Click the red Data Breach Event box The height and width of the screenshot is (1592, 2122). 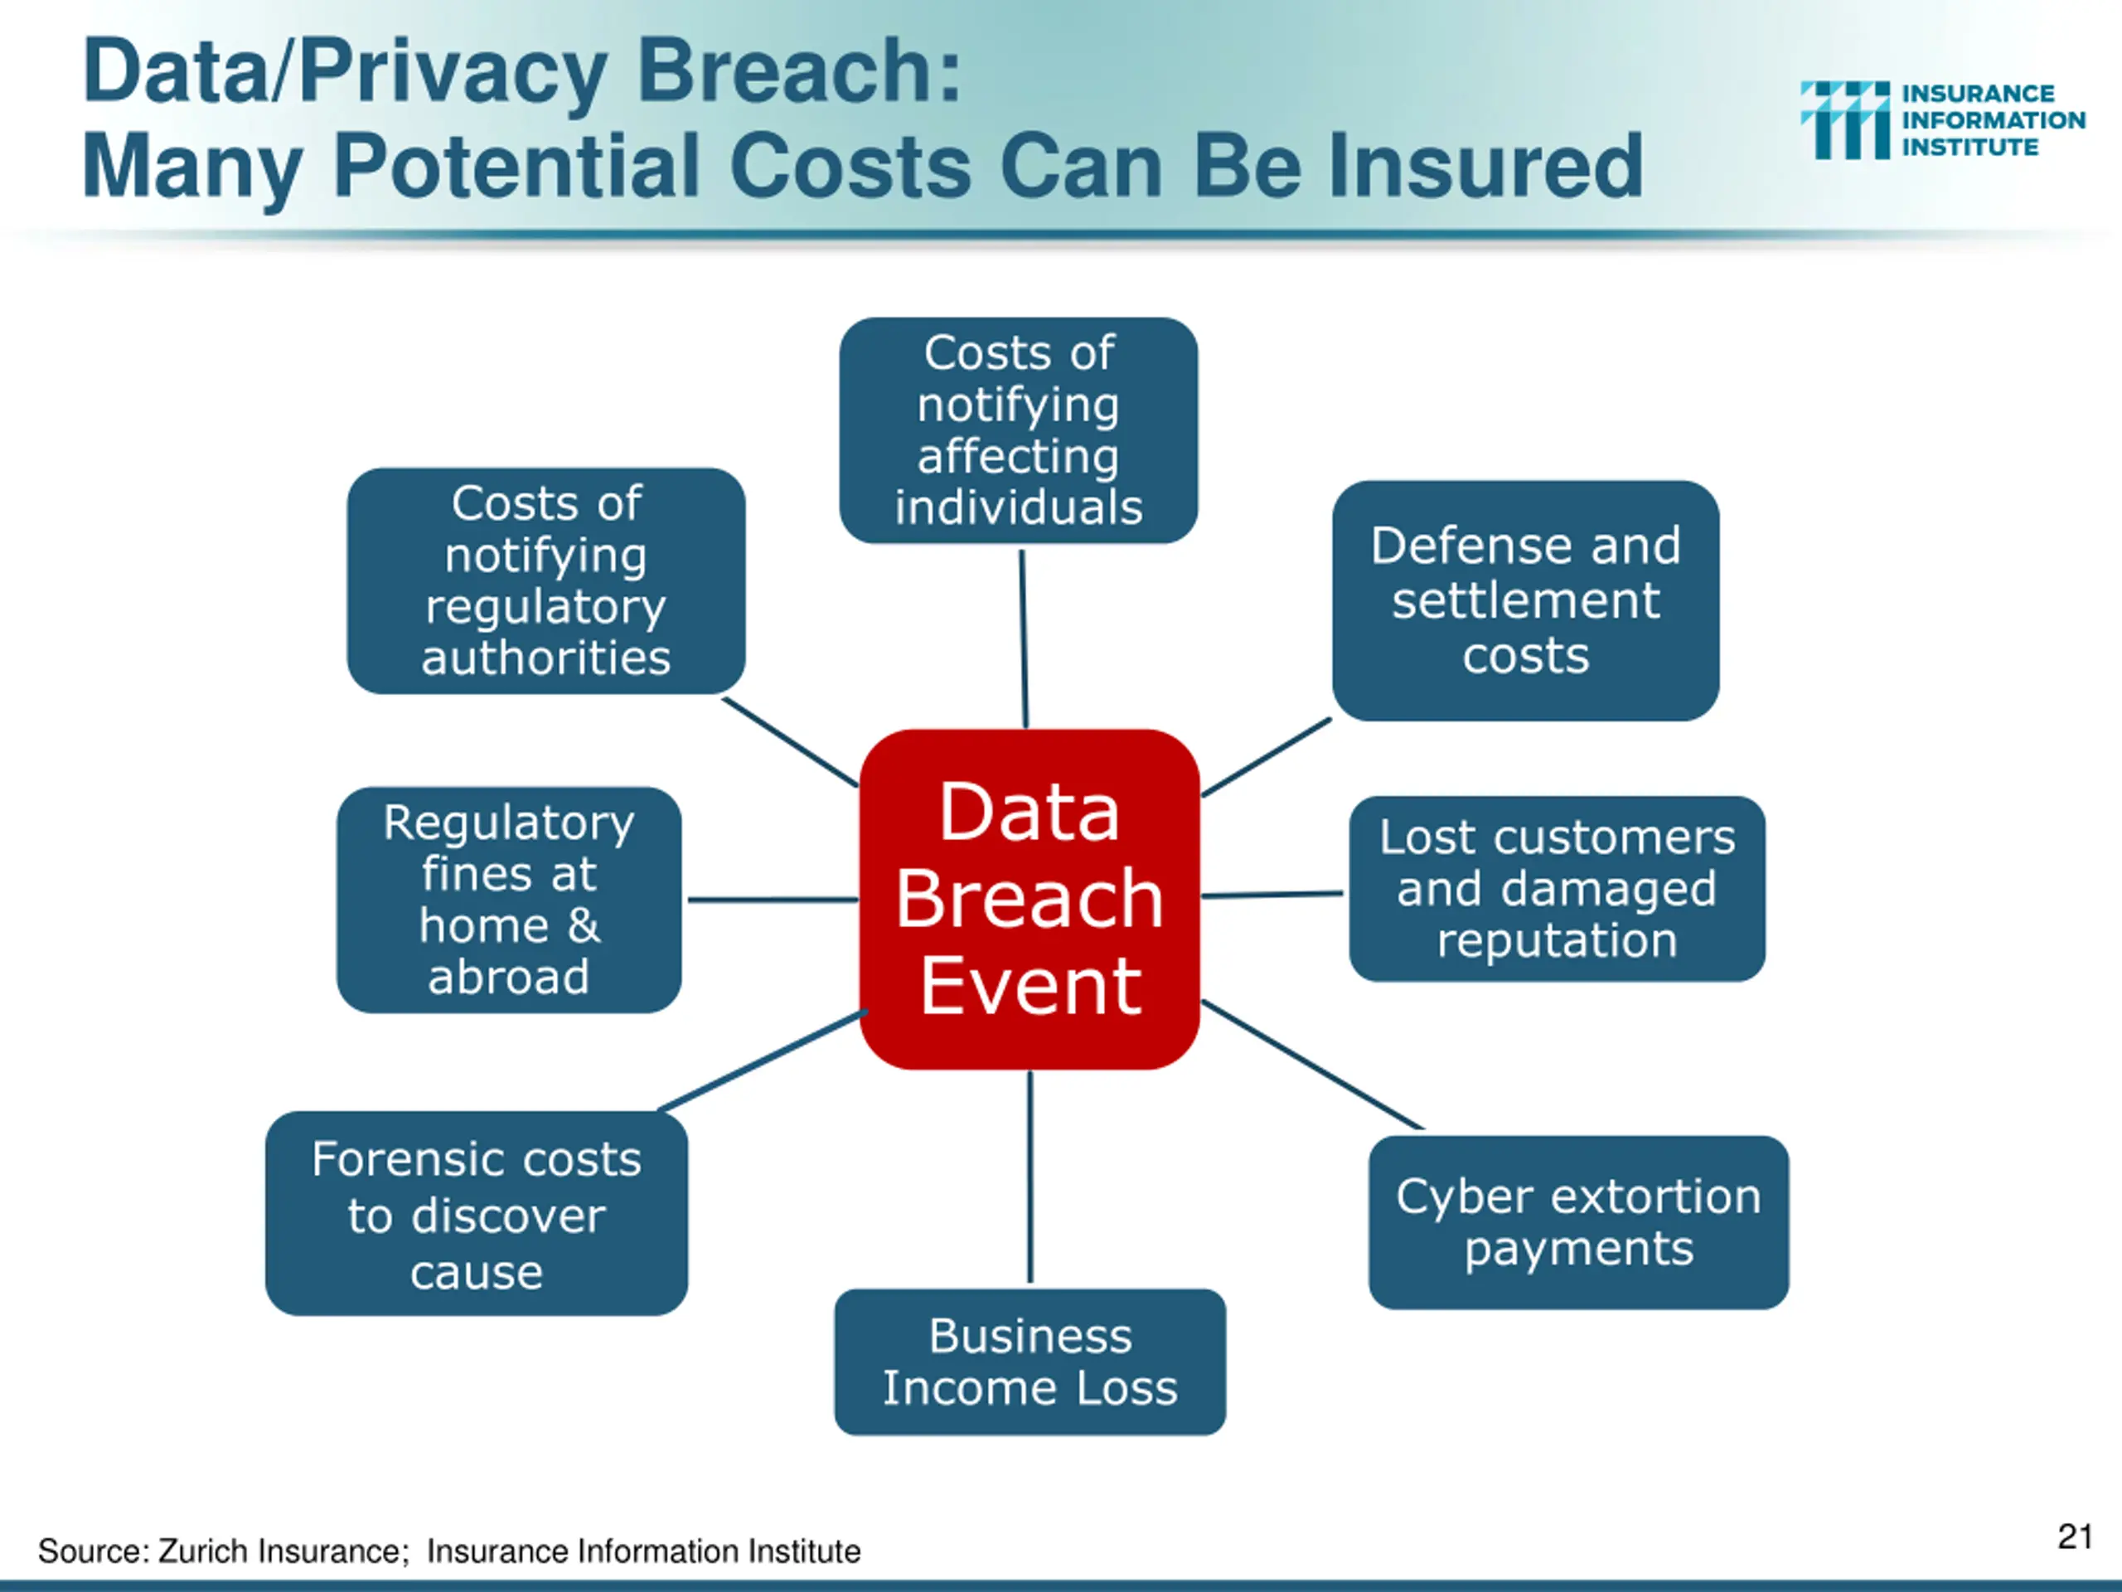tap(1030, 899)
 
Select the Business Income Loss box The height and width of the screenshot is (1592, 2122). tap(1030, 1361)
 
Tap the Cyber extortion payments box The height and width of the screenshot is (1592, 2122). tap(1578, 1222)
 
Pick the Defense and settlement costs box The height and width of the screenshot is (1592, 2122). tap(1525, 600)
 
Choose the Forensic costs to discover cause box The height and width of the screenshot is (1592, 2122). tap(477, 1214)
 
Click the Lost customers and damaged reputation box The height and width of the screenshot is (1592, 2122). tap(1557, 889)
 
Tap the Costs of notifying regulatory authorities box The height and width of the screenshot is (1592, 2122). tap(546, 580)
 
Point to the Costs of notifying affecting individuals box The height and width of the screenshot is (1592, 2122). tap(1019, 430)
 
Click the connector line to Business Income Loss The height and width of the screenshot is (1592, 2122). tap(1030, 1177)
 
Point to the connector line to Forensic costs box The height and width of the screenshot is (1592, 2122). tap(763, 1061)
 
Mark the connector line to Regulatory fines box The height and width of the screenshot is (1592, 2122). tap(773, 900)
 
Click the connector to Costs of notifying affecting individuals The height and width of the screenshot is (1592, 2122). tap(1024, 639)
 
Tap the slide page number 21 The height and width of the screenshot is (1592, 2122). tap(2075, 1536)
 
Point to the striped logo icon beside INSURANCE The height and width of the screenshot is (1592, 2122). tap(1845, 120)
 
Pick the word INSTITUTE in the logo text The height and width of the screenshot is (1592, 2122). tap(1970, 147)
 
